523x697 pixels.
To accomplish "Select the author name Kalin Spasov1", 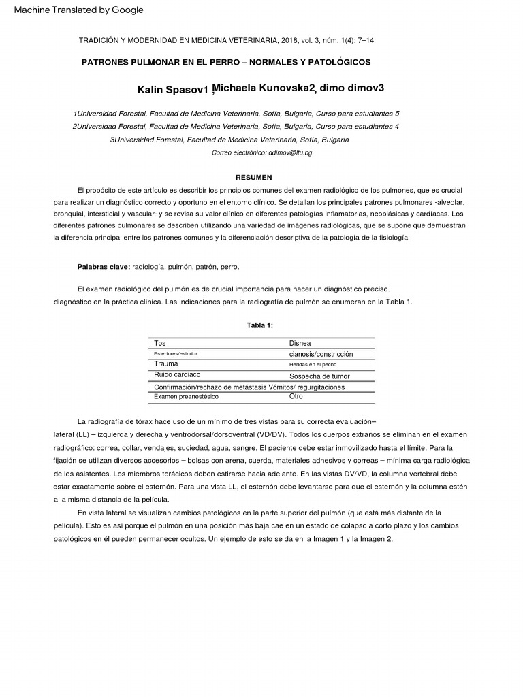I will click(x=172, y=90).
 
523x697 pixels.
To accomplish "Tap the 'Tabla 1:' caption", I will click(x=260, y=325).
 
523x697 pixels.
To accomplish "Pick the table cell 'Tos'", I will click(x=160, y=343).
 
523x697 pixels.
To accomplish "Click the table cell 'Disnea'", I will click(x=300, y=343).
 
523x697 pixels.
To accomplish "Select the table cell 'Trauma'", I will click(x=165, y=364).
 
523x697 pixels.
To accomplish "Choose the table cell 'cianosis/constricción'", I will click(x=321, y=354).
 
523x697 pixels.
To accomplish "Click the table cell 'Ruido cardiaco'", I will click(x=177, y=375).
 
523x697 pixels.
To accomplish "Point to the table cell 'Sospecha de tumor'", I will click(x=319, y=376).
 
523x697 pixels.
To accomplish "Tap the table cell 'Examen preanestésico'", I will click(x=182, y=397).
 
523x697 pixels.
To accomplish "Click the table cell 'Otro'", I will click(x=296, y=396).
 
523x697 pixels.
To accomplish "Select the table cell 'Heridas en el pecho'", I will click(x=313, y=365).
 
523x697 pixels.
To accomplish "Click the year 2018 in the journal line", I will click(x=291, y=40).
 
